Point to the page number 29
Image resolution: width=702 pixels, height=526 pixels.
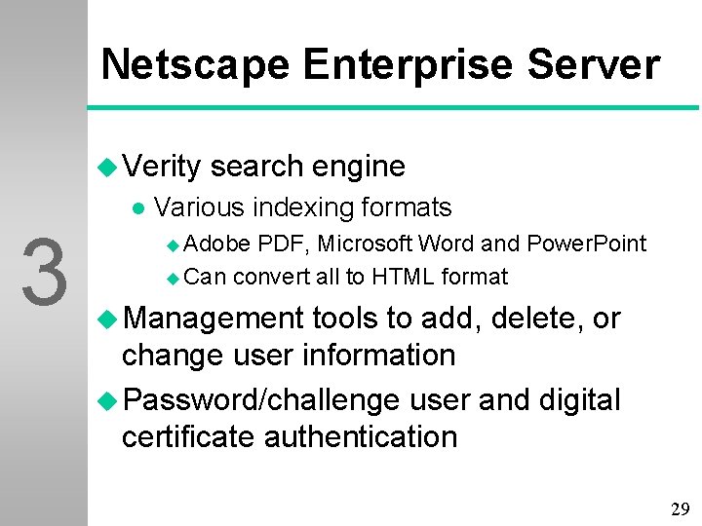click(680, 508)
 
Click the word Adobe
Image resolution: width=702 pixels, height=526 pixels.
click(216, 244)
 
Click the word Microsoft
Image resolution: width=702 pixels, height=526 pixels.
click(364, 244)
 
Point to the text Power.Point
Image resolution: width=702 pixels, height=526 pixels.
click(587, 244)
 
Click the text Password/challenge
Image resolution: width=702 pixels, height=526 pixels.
click(261, 399)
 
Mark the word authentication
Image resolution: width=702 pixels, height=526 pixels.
click(361, 436)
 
